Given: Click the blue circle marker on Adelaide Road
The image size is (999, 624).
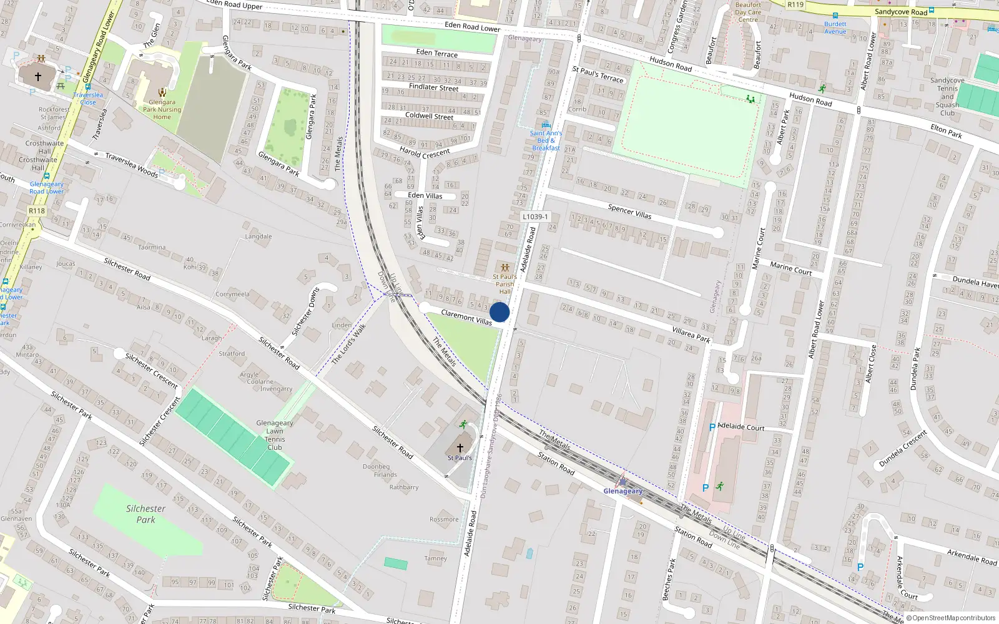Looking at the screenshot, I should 499,312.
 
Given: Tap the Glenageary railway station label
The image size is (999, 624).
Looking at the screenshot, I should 623,491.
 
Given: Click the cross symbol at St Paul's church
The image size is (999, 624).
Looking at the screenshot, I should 460,448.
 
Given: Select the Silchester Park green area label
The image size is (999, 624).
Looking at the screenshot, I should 145,514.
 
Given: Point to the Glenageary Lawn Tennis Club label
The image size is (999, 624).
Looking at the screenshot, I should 275,435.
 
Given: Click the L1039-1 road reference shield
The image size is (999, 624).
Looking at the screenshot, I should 535,217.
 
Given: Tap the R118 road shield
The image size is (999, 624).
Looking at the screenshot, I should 37,211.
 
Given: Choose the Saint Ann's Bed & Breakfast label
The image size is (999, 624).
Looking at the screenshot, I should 546,140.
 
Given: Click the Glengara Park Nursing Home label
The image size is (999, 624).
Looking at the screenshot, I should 162,109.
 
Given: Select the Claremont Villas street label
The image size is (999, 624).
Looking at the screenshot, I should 466,317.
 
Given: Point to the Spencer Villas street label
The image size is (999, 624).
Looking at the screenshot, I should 629,212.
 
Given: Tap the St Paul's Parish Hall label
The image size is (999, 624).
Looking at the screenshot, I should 504,284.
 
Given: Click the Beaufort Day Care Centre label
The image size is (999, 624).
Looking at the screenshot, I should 748,12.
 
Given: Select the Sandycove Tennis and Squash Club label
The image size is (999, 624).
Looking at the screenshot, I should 947,97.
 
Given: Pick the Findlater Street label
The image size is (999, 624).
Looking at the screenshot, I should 433,87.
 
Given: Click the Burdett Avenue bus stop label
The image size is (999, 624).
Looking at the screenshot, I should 835,27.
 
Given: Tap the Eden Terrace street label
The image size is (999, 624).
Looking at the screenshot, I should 436,53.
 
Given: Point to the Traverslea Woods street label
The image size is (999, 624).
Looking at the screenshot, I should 131,165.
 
